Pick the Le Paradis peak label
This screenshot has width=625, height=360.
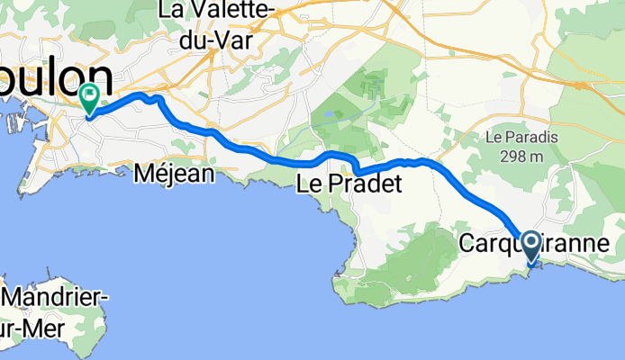(x=522, y=138)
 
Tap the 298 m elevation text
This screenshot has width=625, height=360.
(x=522, y=155)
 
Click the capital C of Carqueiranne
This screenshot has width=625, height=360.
(x=467, y=243)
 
